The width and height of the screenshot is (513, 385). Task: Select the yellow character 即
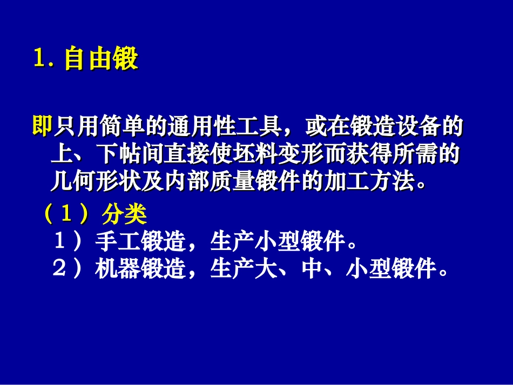(x=42, y=127)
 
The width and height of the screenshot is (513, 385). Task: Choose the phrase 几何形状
(x=95, y=183)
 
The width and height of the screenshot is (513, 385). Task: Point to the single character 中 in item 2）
(x=313, y=268)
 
